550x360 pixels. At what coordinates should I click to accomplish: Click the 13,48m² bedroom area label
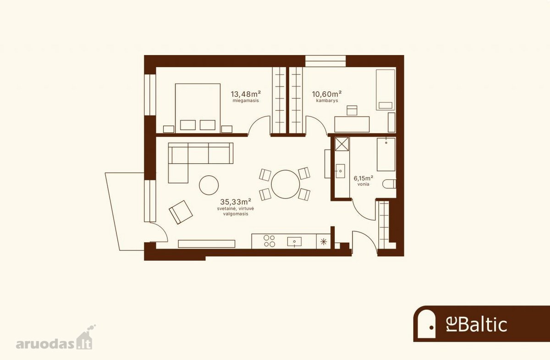(x=246, y=94)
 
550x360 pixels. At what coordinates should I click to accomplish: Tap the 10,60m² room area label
(x=327, y=94)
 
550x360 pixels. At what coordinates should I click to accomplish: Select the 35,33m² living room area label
(x=236, y=202)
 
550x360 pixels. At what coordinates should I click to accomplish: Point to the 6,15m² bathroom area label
(x=363, y=177)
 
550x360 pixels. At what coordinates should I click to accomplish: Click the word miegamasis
(x=246, y=101)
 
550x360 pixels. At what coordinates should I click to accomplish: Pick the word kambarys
(x=327, y=100)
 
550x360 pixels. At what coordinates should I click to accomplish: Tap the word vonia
(x=363, y=184)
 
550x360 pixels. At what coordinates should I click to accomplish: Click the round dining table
(x=285, y=184)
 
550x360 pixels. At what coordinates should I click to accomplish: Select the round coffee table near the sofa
(x=209, y=185)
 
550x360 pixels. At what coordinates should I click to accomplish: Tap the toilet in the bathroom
(x=389, y=184)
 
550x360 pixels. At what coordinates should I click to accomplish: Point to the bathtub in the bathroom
(x=386, y=155)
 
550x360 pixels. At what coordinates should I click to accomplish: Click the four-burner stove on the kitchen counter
(x=269, y=241)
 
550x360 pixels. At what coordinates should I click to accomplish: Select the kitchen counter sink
(x=294, y=242)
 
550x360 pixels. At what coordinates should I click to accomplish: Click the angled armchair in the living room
(x=181, y=212)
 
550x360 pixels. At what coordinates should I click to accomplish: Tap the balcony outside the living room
(x=125, y=211)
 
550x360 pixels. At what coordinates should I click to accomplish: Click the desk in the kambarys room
(x=352, y=124)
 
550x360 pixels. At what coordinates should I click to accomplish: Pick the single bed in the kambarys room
(x=385, y=90)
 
